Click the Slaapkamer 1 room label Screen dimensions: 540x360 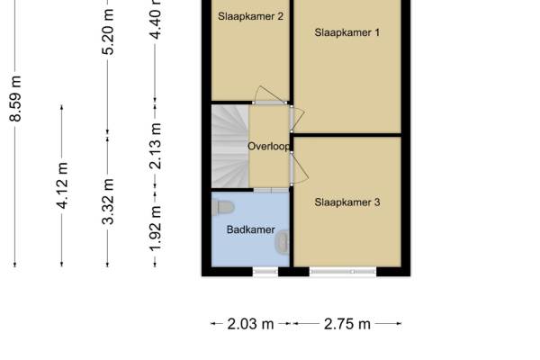point(346,32)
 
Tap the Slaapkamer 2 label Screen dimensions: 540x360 point(250,16)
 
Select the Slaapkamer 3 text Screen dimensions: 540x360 point(347,202)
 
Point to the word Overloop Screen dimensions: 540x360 point(269,147)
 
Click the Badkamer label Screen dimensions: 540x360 point(251,229)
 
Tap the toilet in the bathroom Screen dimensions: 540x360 point(223,208)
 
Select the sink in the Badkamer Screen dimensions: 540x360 point(283,242)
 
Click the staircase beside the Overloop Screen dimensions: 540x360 point(230,147)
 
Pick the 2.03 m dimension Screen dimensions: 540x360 point(250,324)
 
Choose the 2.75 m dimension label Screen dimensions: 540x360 point(347,324)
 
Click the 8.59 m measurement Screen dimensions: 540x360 point(15,99)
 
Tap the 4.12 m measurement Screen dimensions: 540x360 point(62,185)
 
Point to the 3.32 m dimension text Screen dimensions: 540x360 point(108,202)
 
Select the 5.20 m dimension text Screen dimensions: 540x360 point(108,32)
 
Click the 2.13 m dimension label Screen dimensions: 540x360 point(156,146)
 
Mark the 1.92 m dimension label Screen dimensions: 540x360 point(156,229)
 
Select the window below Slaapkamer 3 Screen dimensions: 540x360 point(343,272)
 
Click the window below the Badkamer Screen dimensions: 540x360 point(265,272)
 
